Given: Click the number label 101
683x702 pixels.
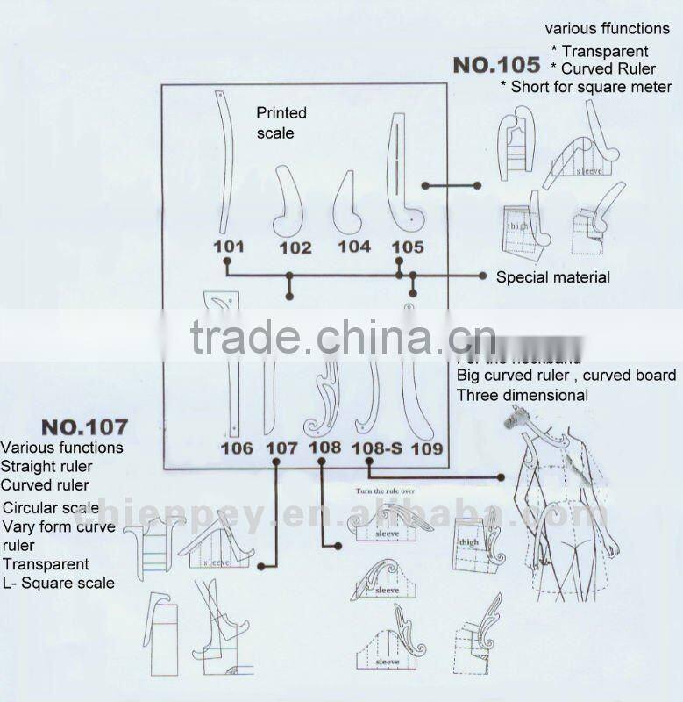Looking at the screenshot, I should point(228,247).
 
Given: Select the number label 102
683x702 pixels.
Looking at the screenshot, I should point(295,248).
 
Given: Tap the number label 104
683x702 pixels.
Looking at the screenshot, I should point(354,247).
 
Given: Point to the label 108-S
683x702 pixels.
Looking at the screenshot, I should point(377,448).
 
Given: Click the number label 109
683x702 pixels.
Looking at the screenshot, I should point(426,448).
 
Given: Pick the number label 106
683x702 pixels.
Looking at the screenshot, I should point(237,448).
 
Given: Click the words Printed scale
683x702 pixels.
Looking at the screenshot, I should point(281,123).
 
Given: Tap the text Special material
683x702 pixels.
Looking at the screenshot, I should point(552,277).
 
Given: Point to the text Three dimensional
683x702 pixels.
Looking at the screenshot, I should point(522,395).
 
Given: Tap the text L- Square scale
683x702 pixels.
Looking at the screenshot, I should point(58,583).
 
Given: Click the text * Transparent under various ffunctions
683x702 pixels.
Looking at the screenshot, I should point(600,52).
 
